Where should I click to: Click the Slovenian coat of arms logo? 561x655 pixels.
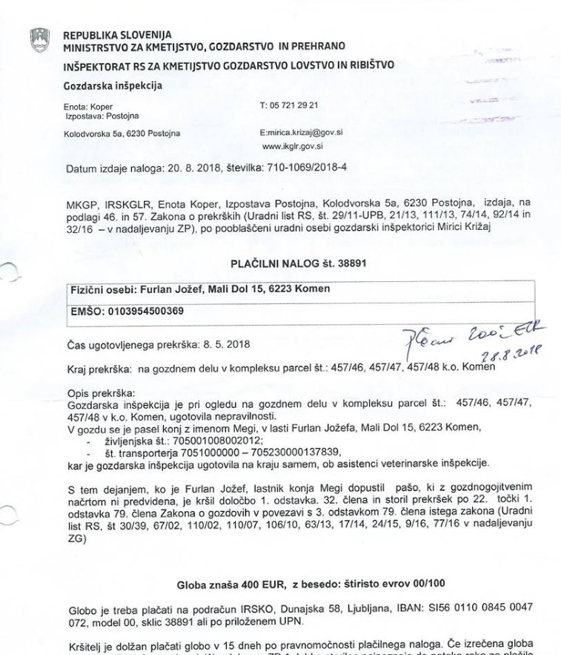click(x=39, y=39)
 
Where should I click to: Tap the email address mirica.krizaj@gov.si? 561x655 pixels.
click(x=305, y=132)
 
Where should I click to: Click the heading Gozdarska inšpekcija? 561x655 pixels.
click(x=113, y=85)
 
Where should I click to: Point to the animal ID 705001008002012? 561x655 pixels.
click(x=201, y=439)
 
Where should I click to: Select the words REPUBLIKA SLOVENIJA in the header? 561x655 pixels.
click(x=117, y=35)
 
